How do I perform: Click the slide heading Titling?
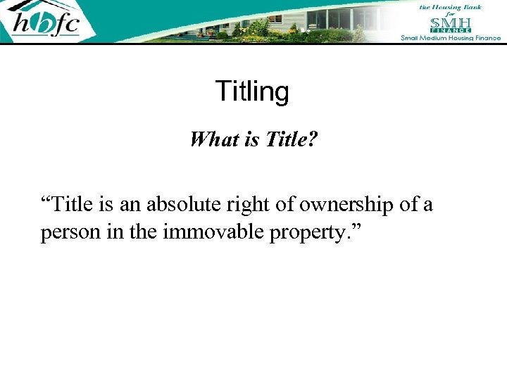[x=252, y=91]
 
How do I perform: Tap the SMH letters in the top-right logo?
[x=451, y=22]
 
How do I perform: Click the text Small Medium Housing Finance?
[x=451, y=37]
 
